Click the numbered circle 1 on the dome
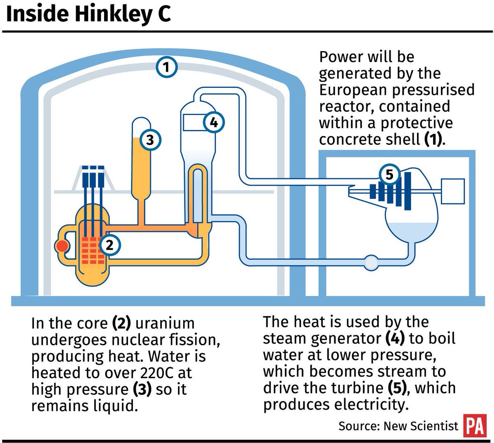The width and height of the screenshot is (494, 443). (x=167, y=67)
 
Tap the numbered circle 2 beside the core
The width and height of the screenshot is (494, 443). (x=110, y=245)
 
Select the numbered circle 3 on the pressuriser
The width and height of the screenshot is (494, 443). (x=150, y=140)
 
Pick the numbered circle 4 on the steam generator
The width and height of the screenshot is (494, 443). (x=214, y=122)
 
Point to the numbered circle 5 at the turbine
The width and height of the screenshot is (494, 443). (x=389, y=175)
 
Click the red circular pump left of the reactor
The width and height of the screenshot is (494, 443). (x=62, y=246)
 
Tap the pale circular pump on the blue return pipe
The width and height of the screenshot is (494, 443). (x=371, y=262)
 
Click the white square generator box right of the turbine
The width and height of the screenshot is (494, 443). (x=453, y=191)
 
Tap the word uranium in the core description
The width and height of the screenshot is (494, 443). (x=165, y=323)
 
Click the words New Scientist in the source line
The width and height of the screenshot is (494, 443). (x=421, y=426)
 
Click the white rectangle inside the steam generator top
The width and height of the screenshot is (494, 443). (x=194, y=122)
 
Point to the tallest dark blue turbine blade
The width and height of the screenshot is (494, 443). (x=408, y=191)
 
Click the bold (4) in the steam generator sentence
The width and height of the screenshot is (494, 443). (x=395, y=339)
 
